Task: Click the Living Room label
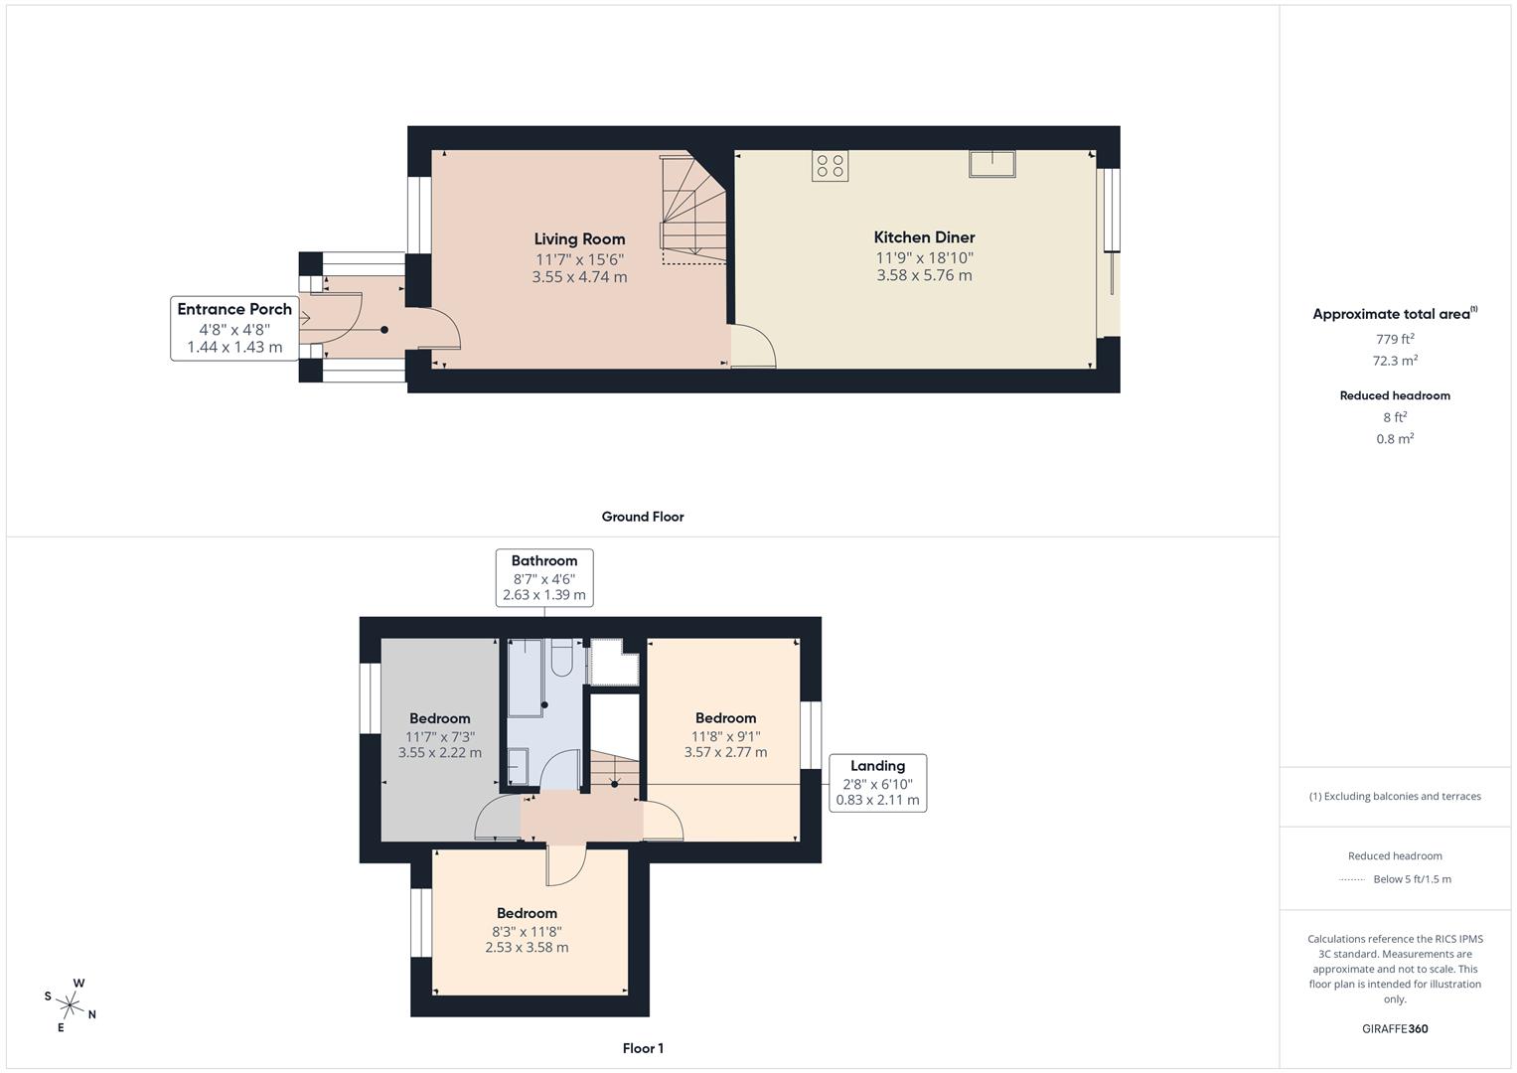(579, 238)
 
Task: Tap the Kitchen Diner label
(924, 237)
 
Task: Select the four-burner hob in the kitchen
(830, 166)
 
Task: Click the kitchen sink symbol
(991, 164)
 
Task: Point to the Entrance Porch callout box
(234, 328)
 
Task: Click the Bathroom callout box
(544, 578)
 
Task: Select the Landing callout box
(877, 783)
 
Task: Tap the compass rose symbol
(71, 1004)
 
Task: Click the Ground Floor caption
(643, 517)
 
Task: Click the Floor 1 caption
(643, 1048)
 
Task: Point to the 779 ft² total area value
(1394, 339)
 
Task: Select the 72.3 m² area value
(1394, 361)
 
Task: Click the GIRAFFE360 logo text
(1394, 1028)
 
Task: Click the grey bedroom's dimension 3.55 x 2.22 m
(439, 753)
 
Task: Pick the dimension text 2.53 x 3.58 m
(527, 948)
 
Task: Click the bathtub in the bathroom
(527, 678)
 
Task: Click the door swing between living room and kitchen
(753, 348)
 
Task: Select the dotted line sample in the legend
(1352, 879)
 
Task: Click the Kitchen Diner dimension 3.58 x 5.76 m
(924, 275)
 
